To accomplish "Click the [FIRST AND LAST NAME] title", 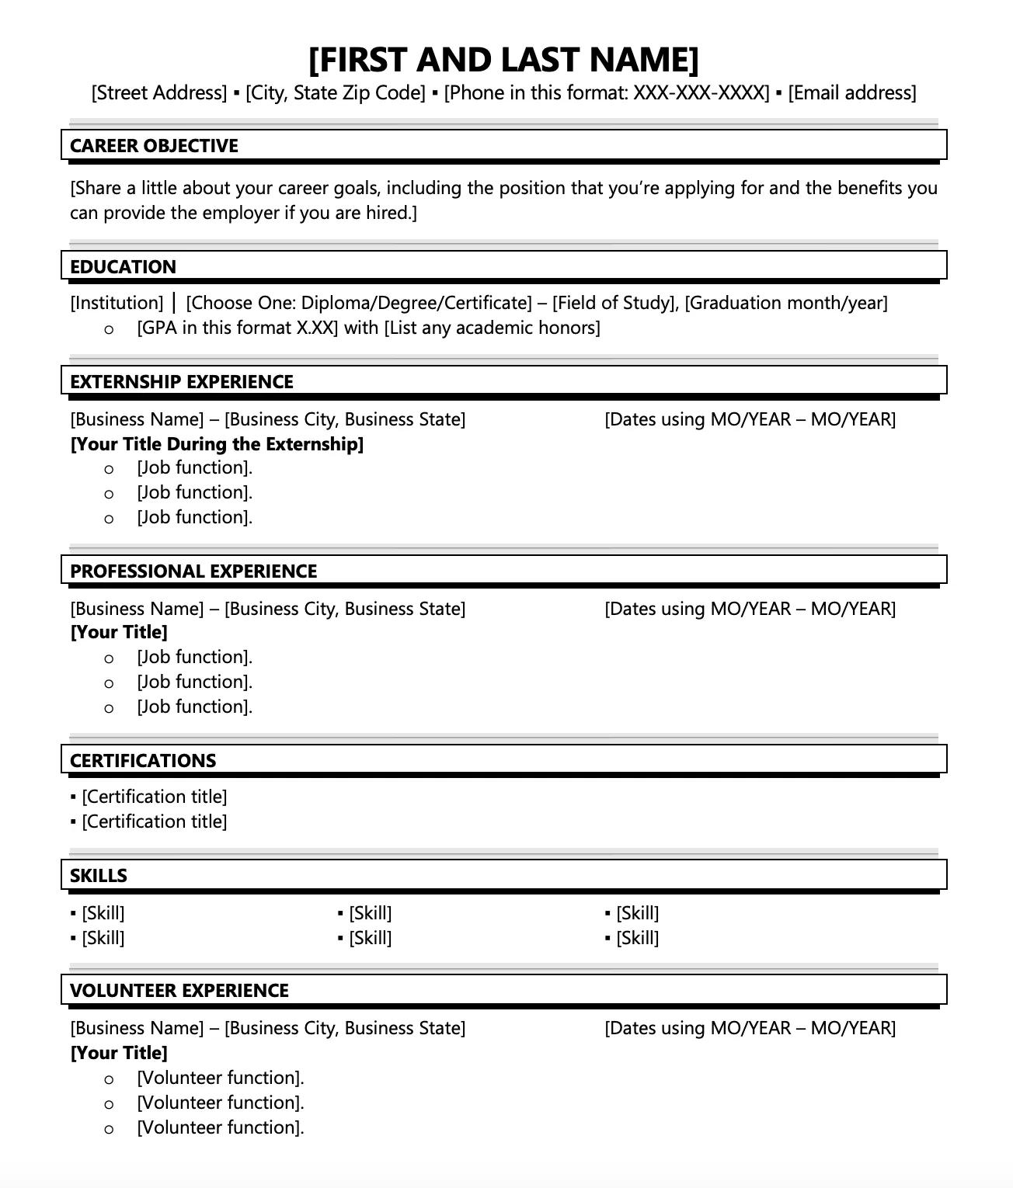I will coord(503,60).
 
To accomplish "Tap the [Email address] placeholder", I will coord(852,93).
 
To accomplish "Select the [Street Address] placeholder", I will coord(159,93).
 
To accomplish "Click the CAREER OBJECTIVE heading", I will coord(154,146).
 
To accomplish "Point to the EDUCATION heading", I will coord(123,267).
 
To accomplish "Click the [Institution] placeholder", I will coord(117,303).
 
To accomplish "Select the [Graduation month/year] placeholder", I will coord(786,303).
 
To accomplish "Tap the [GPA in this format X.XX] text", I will coord(238,328).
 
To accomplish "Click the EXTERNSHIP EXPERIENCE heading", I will coord(182,382).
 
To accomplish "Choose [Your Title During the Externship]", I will coord(217,444).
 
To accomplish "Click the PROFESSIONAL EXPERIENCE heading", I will coord(193,571).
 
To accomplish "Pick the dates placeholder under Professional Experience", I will coord(750,609).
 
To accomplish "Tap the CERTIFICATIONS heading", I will coord(143,761).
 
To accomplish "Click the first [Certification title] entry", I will coord(154,797).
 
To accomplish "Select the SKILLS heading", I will coord(99,876).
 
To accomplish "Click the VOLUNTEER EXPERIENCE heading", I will coord(179,991).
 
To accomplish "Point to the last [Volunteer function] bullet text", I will coord(221,1127).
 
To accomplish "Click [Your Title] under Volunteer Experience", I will coord(119,1053).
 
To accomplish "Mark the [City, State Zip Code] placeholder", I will coord(336,93).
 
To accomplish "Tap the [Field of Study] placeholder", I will coord(614,303).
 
